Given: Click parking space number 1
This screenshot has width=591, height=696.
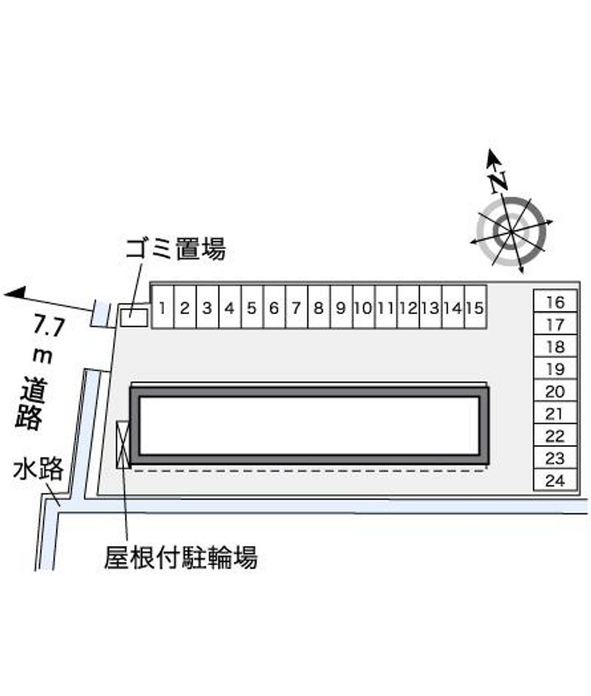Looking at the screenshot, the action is pos(163,307).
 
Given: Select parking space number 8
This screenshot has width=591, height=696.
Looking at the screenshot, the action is pos(318,307).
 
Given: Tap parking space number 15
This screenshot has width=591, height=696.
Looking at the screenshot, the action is pos(475,307).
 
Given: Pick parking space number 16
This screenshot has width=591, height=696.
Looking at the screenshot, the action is pos(555,301).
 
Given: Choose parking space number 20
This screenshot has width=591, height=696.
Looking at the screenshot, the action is pos(555,391).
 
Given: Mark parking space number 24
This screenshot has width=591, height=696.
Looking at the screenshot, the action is pos(555,480).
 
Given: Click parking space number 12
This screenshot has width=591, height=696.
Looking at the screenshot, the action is pos(409,307).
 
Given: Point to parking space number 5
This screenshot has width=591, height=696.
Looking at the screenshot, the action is pos(252,307).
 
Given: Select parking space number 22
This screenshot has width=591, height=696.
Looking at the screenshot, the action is pos(555,435).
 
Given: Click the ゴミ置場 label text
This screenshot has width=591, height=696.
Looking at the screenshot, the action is pos(176,248).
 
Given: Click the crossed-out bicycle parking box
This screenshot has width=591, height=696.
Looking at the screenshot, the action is pos(123,444).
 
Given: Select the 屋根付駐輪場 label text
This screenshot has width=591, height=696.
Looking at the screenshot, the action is pos(181,558).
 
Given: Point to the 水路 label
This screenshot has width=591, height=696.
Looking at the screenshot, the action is pos(38,470).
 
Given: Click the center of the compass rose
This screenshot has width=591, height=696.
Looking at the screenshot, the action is pos(511,231).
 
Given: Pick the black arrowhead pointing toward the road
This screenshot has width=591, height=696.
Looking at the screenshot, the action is pos(15,293).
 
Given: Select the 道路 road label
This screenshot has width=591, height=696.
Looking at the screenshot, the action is pos(31,403).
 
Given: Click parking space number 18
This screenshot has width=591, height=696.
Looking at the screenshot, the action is pos(555,347).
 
